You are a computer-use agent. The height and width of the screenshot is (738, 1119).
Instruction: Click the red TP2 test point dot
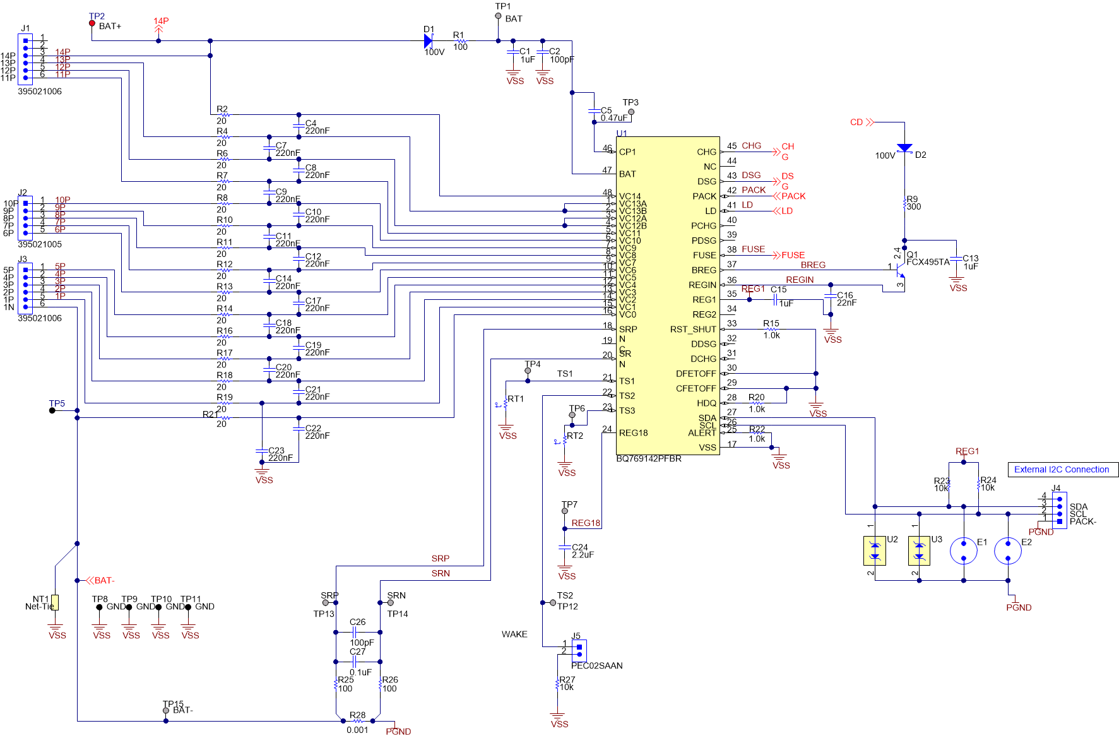[92, 23]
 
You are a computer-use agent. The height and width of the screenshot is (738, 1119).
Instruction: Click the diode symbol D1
[429, 41]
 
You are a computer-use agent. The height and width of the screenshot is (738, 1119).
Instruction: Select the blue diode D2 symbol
[904, 148]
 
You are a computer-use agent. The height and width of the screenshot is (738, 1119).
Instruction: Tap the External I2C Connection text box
[1062, 470]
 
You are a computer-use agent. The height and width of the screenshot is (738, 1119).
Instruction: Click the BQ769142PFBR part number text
[649, 459]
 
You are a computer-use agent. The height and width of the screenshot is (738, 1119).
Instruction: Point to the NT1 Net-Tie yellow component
[55, 602]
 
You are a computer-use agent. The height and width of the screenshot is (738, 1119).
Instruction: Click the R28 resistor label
[358, 715]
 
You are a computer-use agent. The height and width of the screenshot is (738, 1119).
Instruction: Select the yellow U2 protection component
[875, 551]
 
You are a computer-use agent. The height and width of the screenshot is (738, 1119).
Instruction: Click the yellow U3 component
[919, 551]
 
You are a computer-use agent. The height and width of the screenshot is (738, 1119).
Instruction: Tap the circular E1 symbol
[964, 551]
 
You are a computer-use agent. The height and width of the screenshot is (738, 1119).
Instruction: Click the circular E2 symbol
[1008, 551]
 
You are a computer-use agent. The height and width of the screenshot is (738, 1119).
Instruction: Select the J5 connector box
[579, 650]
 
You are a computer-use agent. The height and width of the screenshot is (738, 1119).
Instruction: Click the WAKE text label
[514, 634]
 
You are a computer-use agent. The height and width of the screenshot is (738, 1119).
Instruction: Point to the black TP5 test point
[52, 410]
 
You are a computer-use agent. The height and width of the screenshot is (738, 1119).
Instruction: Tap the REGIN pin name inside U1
[702, 285]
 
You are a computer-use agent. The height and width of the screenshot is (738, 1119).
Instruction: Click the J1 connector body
[25, 59]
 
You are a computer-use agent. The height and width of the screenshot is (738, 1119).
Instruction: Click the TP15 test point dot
[166, 711]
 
